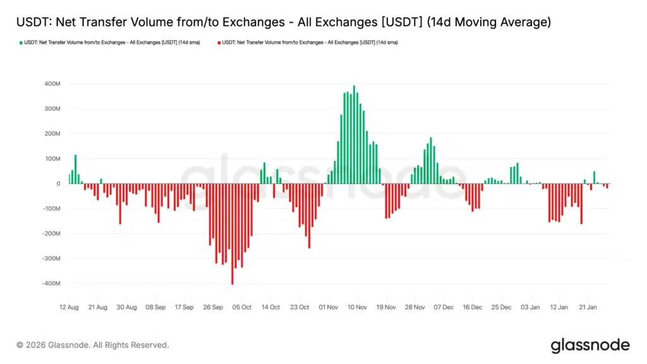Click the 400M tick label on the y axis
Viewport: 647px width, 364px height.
pos(51,84)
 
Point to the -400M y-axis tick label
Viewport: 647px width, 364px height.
pos(50,284)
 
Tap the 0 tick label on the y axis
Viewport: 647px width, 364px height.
pos(57,184)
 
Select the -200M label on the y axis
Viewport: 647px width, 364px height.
pos(50,234)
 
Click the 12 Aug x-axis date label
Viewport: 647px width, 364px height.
pos(69,307)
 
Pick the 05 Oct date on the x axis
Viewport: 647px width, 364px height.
pos(241,307)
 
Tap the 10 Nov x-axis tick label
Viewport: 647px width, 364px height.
pos(357,307)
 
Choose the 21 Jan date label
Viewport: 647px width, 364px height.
pos(588,307)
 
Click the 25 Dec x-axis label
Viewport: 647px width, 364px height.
pos(501,307)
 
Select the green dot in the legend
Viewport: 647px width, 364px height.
pos(21,42)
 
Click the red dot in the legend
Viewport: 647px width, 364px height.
pos(219,42)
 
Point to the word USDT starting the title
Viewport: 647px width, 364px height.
pos(31,23)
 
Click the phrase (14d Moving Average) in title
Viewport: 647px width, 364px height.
pos(488,23)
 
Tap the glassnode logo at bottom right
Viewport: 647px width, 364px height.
pos(590,345)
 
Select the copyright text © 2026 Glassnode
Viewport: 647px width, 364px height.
pos(93,345)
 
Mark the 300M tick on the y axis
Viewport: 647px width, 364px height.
pos(51,109)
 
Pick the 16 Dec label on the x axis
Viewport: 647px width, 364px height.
pos(472,307)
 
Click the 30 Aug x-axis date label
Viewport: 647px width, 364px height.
pos(126,307)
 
